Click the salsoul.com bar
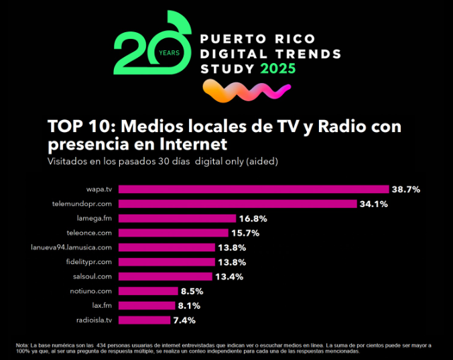click(x=166, y=276)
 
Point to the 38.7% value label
click(x=405, y=190)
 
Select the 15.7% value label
click(x=245, y=233)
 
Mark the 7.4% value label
click(x=185, y=320)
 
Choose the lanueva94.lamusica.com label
click(x=72, y=247)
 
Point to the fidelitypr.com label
click(x=88, y=261)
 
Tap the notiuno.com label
click(x=91, y=291)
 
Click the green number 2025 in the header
click(x=277, y=68)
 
